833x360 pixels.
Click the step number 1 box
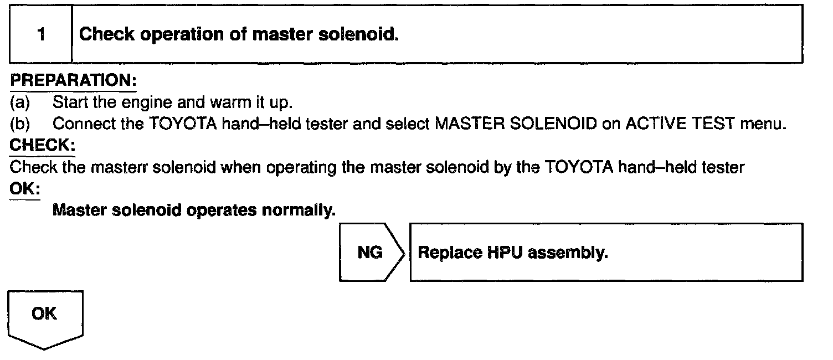(41, 34)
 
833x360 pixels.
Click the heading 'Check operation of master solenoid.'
(239, 34)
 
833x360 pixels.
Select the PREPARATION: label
(73, 81)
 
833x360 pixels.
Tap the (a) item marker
(20, 102)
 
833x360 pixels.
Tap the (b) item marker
(20, 124)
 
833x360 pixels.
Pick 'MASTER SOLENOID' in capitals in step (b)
(516, 124)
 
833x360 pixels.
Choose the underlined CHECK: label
(43, 146)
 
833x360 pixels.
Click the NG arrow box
(370, 253)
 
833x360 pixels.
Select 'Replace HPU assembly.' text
(513, 253)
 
